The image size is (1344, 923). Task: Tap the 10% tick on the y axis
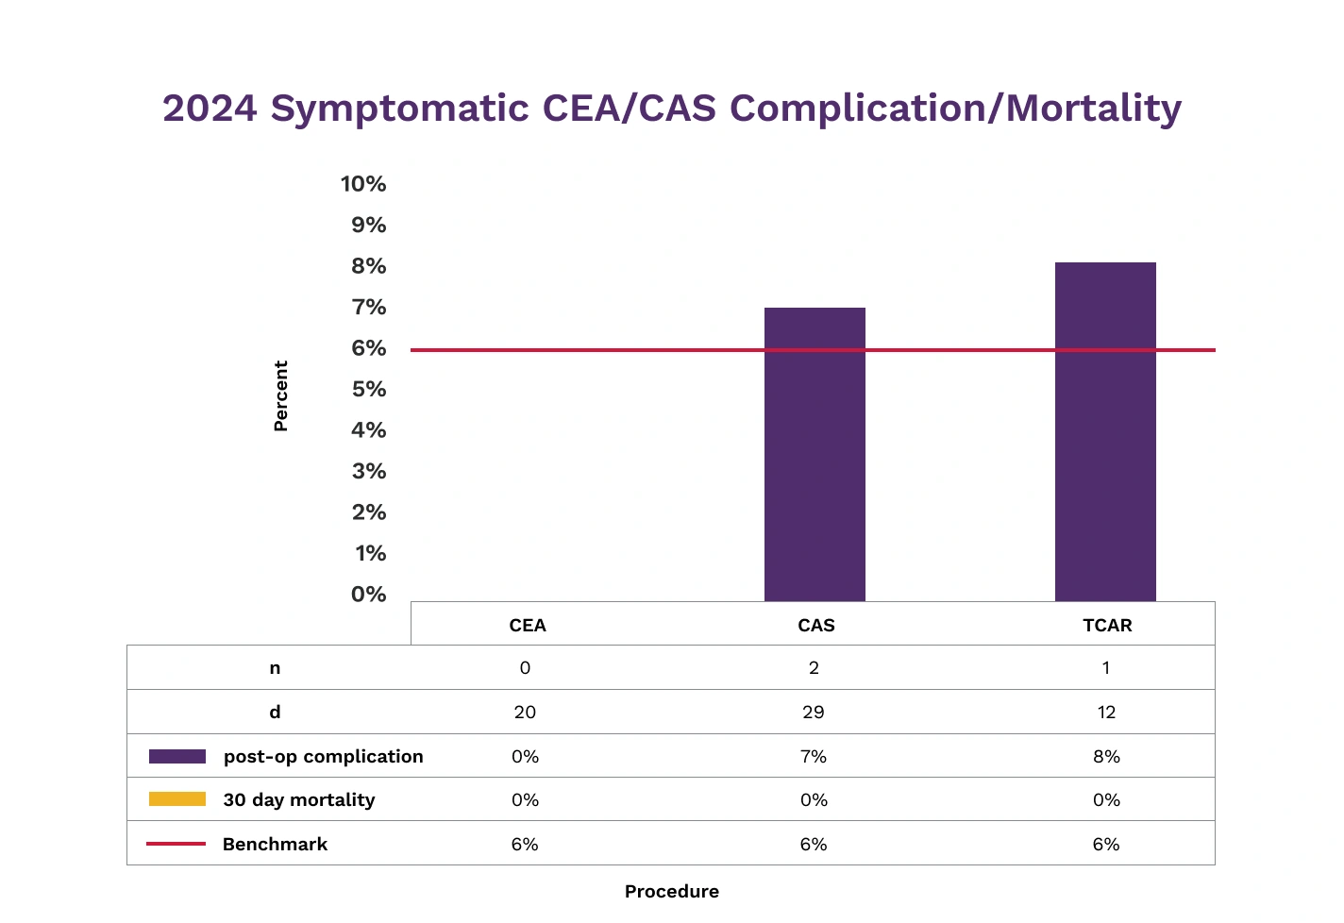(x=363, y=184)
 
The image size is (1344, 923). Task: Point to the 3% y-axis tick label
(x=369, y=471)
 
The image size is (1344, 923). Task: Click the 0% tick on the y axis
(x=369, y=595)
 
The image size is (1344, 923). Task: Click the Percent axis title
(x=280, y=395)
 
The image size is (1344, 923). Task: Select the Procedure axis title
(x=671, y=891)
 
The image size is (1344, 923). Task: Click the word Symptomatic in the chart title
(x=399, y=109)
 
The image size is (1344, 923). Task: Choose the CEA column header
(x=528, y=626)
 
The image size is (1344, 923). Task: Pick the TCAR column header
(x=1107, y=626)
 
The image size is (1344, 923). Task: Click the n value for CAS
(x=814, y=668)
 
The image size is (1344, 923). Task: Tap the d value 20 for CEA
(x=525, y=713)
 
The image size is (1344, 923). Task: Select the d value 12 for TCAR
(x=1106, y=713)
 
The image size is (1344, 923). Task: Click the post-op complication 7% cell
(x=814, y=757)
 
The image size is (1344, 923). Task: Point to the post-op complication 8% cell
(x=1106, y=757)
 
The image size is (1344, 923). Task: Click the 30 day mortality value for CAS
(x=814, y=800)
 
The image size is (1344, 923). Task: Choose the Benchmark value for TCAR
(x=1106, y=845)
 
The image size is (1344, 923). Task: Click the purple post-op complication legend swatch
(x=177, y=757)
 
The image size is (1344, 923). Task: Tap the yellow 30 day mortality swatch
(x=177, y=799)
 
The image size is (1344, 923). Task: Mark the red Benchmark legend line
(x=176, y=844)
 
